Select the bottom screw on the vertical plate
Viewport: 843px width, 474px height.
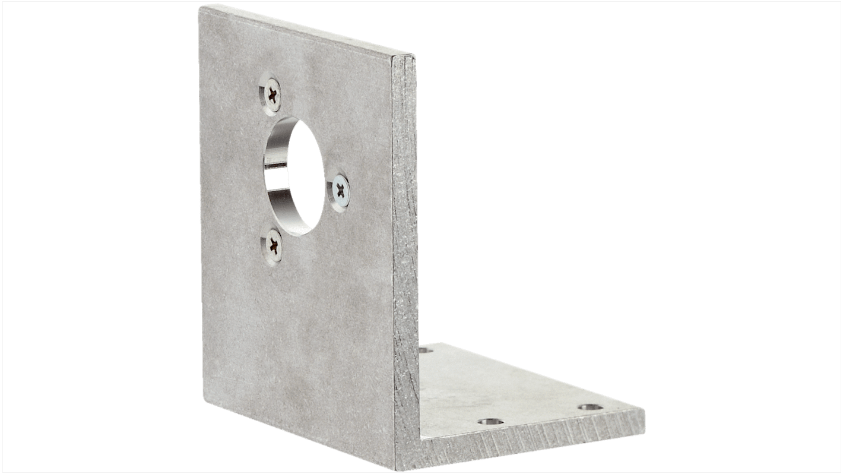[273, 244]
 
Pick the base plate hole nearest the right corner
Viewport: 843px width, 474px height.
[591, 407]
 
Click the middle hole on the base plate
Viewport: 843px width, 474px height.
[490, 422]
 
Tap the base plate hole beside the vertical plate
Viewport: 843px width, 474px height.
[425, 352]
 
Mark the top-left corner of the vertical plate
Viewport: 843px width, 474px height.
[199, 7]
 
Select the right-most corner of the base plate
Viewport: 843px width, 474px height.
[644, 410]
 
